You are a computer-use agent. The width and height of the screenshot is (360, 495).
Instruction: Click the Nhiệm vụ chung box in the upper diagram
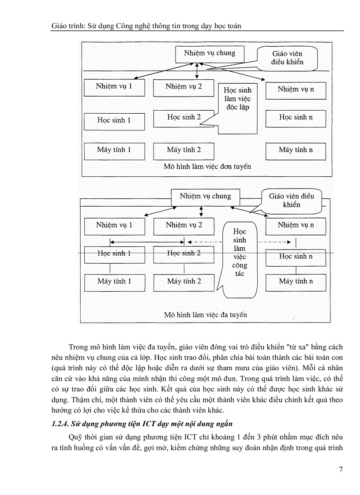[x=210, y=53]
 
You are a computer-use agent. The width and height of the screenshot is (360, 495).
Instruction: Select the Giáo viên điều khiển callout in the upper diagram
[x=287, y=58]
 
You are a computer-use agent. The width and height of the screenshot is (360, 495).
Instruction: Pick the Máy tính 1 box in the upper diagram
[x=114, y=150]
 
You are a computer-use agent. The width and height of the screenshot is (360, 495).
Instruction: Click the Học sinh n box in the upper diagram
[x=296, y=117]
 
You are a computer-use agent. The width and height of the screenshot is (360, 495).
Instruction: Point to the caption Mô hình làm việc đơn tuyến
[x=207, y=167]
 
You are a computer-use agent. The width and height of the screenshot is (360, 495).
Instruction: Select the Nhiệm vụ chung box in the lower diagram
[x=205, y=196]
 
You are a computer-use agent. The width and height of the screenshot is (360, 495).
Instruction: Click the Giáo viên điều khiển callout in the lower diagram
[x=291, y=200]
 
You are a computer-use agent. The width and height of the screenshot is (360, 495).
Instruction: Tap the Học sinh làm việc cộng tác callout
[x=240, y=256]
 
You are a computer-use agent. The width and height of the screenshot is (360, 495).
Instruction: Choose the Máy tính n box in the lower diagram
[x=296, y=281]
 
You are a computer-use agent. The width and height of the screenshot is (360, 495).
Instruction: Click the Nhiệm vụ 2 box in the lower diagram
[x=184, y=225]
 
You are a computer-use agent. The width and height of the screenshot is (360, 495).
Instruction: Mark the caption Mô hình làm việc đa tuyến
[x=206, y=315]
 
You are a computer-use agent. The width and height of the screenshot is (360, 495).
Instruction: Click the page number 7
[x=341, y=469]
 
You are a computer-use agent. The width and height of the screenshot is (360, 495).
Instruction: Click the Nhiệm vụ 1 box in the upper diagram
[x=114, y=86]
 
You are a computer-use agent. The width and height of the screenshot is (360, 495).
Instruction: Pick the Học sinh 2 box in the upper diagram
[x=184, y=117]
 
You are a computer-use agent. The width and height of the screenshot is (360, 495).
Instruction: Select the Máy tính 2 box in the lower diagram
[x=184, y=281]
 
